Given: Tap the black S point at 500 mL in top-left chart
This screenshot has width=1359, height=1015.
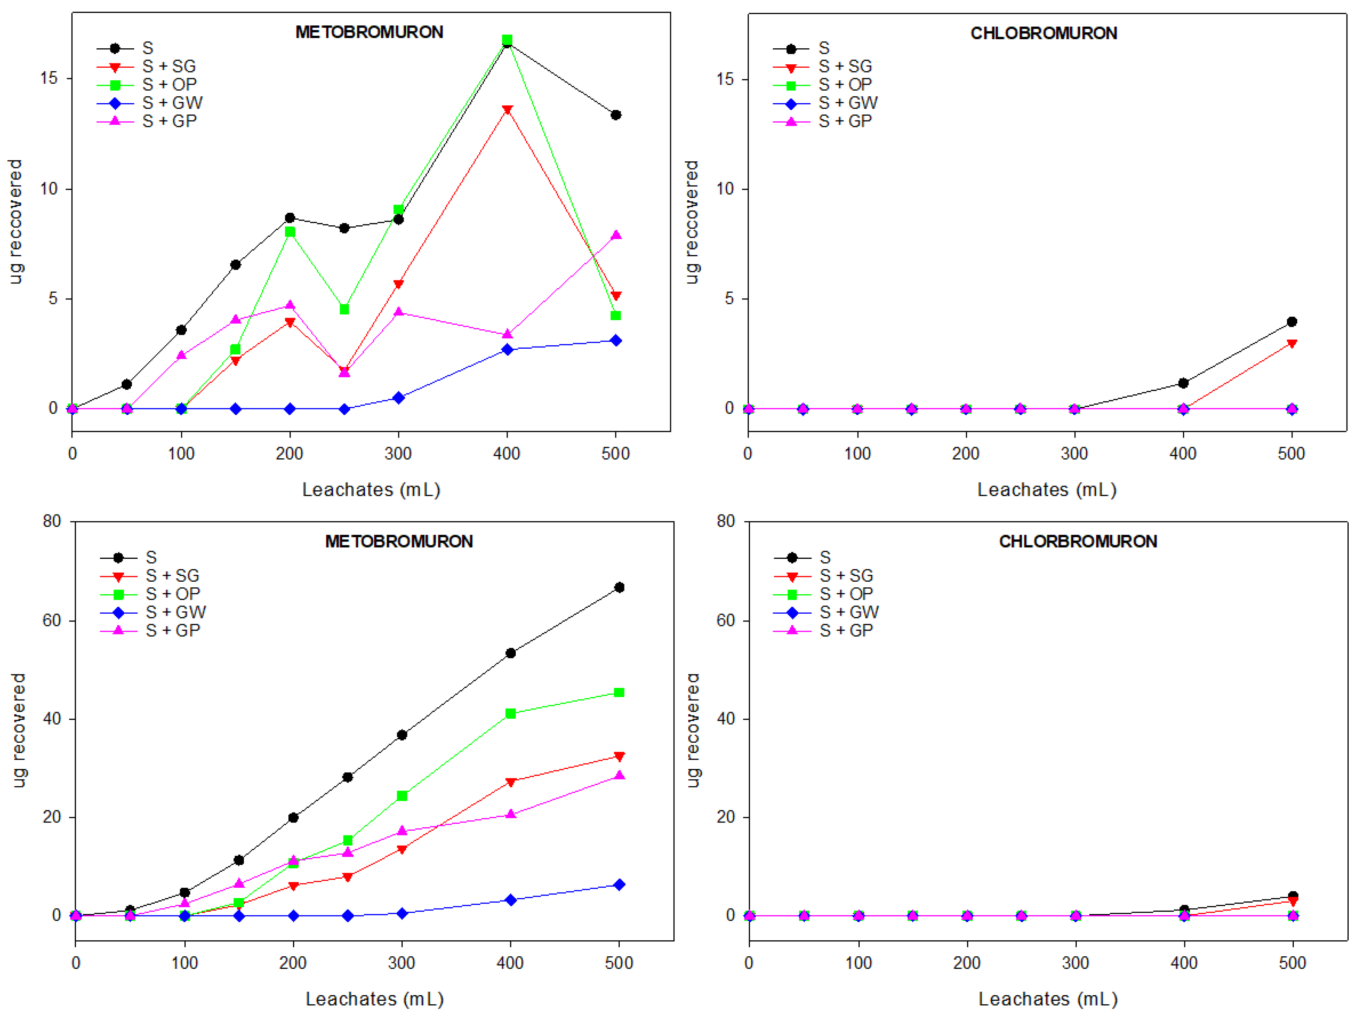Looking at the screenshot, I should point(615,115).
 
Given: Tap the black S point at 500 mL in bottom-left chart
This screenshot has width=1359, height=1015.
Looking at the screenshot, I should point(619,587).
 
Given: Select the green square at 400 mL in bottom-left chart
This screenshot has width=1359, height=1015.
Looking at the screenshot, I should point(510,713).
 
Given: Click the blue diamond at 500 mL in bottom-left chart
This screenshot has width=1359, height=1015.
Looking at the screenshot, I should point(619,885).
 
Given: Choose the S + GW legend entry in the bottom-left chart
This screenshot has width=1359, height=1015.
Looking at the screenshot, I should point(176,612).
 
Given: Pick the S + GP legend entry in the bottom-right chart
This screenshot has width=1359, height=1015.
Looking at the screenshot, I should point(845,630).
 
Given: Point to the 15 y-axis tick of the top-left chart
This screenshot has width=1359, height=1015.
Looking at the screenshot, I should point(49,79).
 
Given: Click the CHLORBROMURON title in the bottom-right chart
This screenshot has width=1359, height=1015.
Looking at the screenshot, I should point(1078,541).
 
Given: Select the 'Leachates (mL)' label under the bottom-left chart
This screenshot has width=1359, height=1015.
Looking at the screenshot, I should point(375,999).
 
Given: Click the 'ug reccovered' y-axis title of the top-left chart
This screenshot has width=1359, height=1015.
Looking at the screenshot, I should point(16,221).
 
